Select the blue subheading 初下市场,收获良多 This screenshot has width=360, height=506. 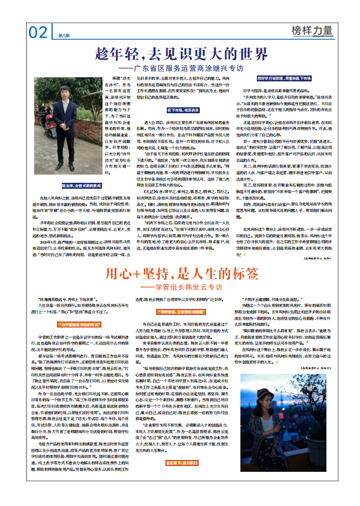pyautogui.click(x=181, y=110)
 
